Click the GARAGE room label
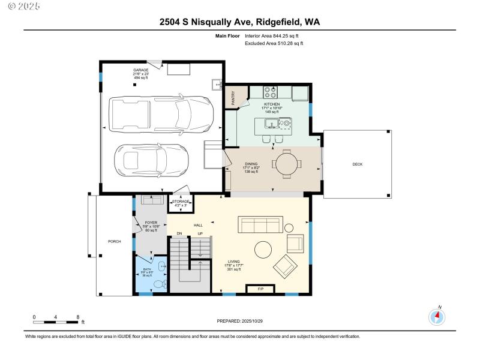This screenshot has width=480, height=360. point(141,70)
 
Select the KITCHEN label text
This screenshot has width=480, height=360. point(272,104)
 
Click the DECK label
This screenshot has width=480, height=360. point(358,164)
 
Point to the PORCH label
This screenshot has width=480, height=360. point(114,242)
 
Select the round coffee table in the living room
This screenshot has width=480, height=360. point(263,249)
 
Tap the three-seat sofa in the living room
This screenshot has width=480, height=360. point(260,225)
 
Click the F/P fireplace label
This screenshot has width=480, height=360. point(260,290)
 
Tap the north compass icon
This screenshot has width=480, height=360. point(438,317)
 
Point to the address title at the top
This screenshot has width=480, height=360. point(239,22)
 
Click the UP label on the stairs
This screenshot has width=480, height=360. point(200,233)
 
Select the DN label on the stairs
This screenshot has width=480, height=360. point(179,233)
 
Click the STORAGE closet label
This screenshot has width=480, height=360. point(181,202)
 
